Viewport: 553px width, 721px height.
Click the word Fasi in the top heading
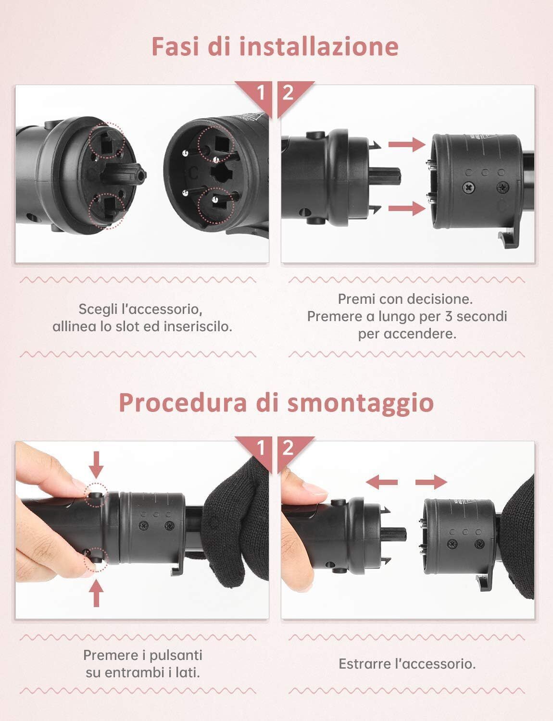(175, 47)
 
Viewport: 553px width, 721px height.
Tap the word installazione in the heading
(319, 47)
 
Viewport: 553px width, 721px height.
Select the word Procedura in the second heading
(183, 403)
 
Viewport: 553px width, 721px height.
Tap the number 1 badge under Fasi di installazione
(261, 93)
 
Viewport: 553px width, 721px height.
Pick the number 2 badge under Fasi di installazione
(288, 93)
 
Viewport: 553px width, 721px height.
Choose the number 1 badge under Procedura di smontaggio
(261, 448)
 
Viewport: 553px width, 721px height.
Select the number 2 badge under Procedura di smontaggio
(288, 448)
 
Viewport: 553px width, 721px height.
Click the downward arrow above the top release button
(96, 464)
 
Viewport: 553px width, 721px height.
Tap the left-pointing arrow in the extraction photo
(382, 482)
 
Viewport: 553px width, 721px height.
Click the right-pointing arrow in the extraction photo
(431, 482)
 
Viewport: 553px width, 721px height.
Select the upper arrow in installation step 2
(407, 144)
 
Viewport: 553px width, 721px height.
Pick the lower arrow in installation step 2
(407, 209)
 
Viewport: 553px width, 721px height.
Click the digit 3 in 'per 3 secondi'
(449, 316)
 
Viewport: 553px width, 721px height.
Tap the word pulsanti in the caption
(176, 655)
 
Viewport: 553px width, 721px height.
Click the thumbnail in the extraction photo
(314, 489)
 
